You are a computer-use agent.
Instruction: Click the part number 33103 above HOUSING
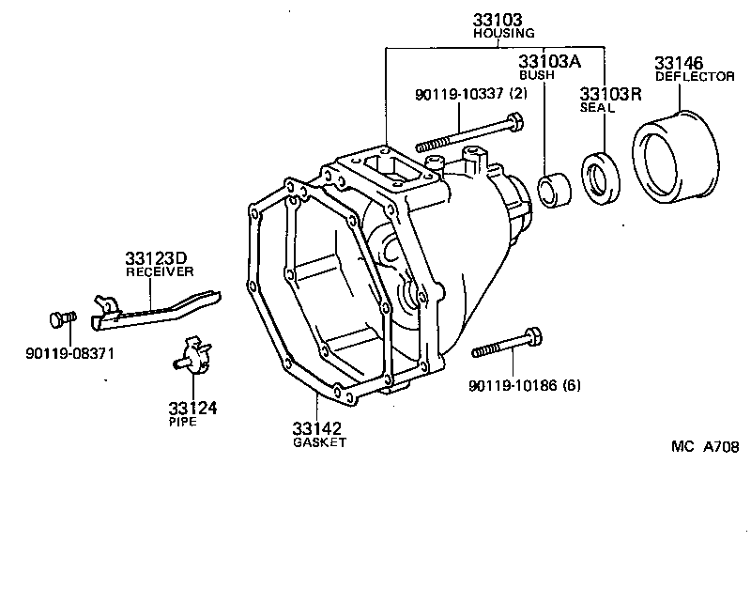[497, 19]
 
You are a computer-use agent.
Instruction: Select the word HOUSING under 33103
[497, 33]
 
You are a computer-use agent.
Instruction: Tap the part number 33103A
[550, 61]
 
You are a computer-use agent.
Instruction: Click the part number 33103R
[609, 94]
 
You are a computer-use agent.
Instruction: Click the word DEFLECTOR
[695, 77]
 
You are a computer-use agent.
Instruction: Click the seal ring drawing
[598, 178]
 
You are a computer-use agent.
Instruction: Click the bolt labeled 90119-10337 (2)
[468, 132]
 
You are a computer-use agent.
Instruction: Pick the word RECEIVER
[161, 271]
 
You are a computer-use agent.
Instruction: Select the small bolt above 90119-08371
[64, 319]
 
